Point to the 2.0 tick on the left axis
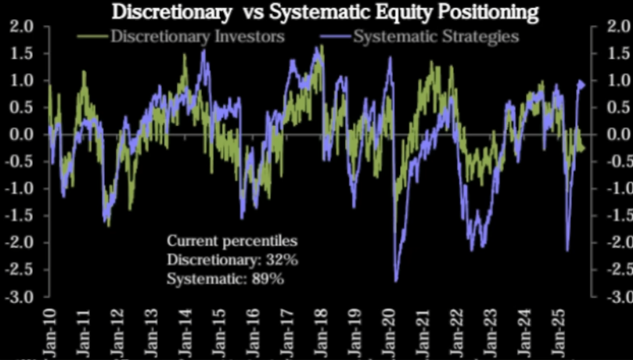22,27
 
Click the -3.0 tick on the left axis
20,297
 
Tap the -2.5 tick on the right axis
617,270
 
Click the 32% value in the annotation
284,260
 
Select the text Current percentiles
232,240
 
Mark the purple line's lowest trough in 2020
396,281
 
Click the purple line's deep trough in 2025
567,250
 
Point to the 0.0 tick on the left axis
22,135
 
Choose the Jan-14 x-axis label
185,328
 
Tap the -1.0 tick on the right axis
617,189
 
